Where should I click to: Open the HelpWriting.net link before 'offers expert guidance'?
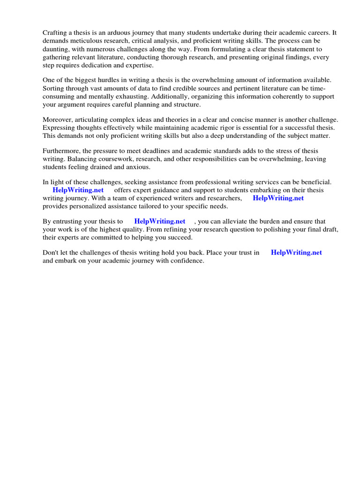(x=78, y=190)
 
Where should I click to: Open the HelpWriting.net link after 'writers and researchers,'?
(x=278, y=198)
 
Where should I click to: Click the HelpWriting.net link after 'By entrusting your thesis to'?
(x=160, y=221)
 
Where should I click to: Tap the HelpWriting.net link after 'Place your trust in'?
(x=297, y=253)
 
